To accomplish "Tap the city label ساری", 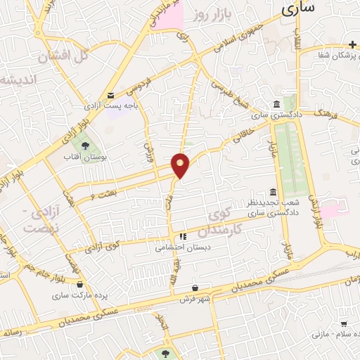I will coord(297,9).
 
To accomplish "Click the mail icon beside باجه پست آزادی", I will coord(110,96).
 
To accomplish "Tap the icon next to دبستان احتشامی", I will coord(183,236).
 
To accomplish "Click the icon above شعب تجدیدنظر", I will coord(273,192).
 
